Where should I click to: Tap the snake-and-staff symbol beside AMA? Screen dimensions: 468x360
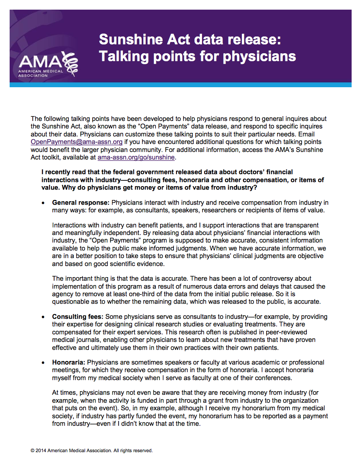click(71, 62)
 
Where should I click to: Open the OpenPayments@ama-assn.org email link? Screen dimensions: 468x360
click(77, 142)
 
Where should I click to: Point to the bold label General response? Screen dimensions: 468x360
click(81, 203)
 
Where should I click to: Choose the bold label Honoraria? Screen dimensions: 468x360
click(69, 362)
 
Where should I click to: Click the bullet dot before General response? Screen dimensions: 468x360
click(43, 203)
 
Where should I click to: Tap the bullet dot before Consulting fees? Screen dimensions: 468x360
click(43, 317)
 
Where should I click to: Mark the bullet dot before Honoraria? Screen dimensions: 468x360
click(43, 363)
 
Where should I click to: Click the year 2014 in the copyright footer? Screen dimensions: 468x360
click(41, 451)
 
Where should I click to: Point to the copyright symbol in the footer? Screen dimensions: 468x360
click(33, 451)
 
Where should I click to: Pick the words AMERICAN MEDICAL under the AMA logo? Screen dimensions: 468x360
click(41, 72)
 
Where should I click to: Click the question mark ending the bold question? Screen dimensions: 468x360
click(256, 187)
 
